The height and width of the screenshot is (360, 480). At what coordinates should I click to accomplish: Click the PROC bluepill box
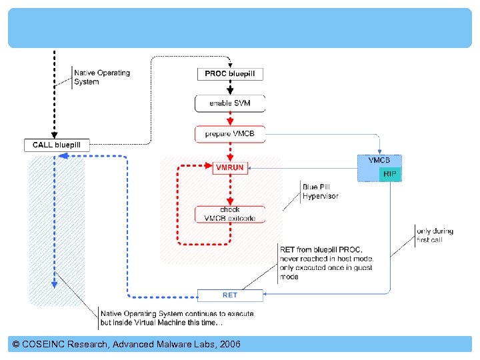point(230,73)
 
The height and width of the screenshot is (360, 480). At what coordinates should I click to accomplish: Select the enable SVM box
point(230,103)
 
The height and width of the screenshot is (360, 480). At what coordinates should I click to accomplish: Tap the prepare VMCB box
point(230,134)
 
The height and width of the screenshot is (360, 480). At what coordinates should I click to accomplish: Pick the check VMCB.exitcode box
point(230,214)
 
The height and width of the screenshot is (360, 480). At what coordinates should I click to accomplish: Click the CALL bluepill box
point(57,145)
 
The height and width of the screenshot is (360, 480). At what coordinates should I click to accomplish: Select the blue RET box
point(230,295)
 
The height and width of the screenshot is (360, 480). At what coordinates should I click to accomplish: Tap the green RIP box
point(390,173)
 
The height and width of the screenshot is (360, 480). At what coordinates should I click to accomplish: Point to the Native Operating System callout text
point(101,77)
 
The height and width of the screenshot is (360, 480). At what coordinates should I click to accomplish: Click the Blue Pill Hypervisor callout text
point(320,191)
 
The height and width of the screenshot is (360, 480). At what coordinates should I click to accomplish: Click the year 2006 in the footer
point(227,344)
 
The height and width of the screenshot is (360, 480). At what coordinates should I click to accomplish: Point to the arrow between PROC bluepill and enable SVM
point(230,88)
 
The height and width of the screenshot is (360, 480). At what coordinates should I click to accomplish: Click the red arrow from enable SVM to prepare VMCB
point(230,119)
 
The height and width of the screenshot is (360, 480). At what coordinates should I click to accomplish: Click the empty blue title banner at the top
point(240,28)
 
